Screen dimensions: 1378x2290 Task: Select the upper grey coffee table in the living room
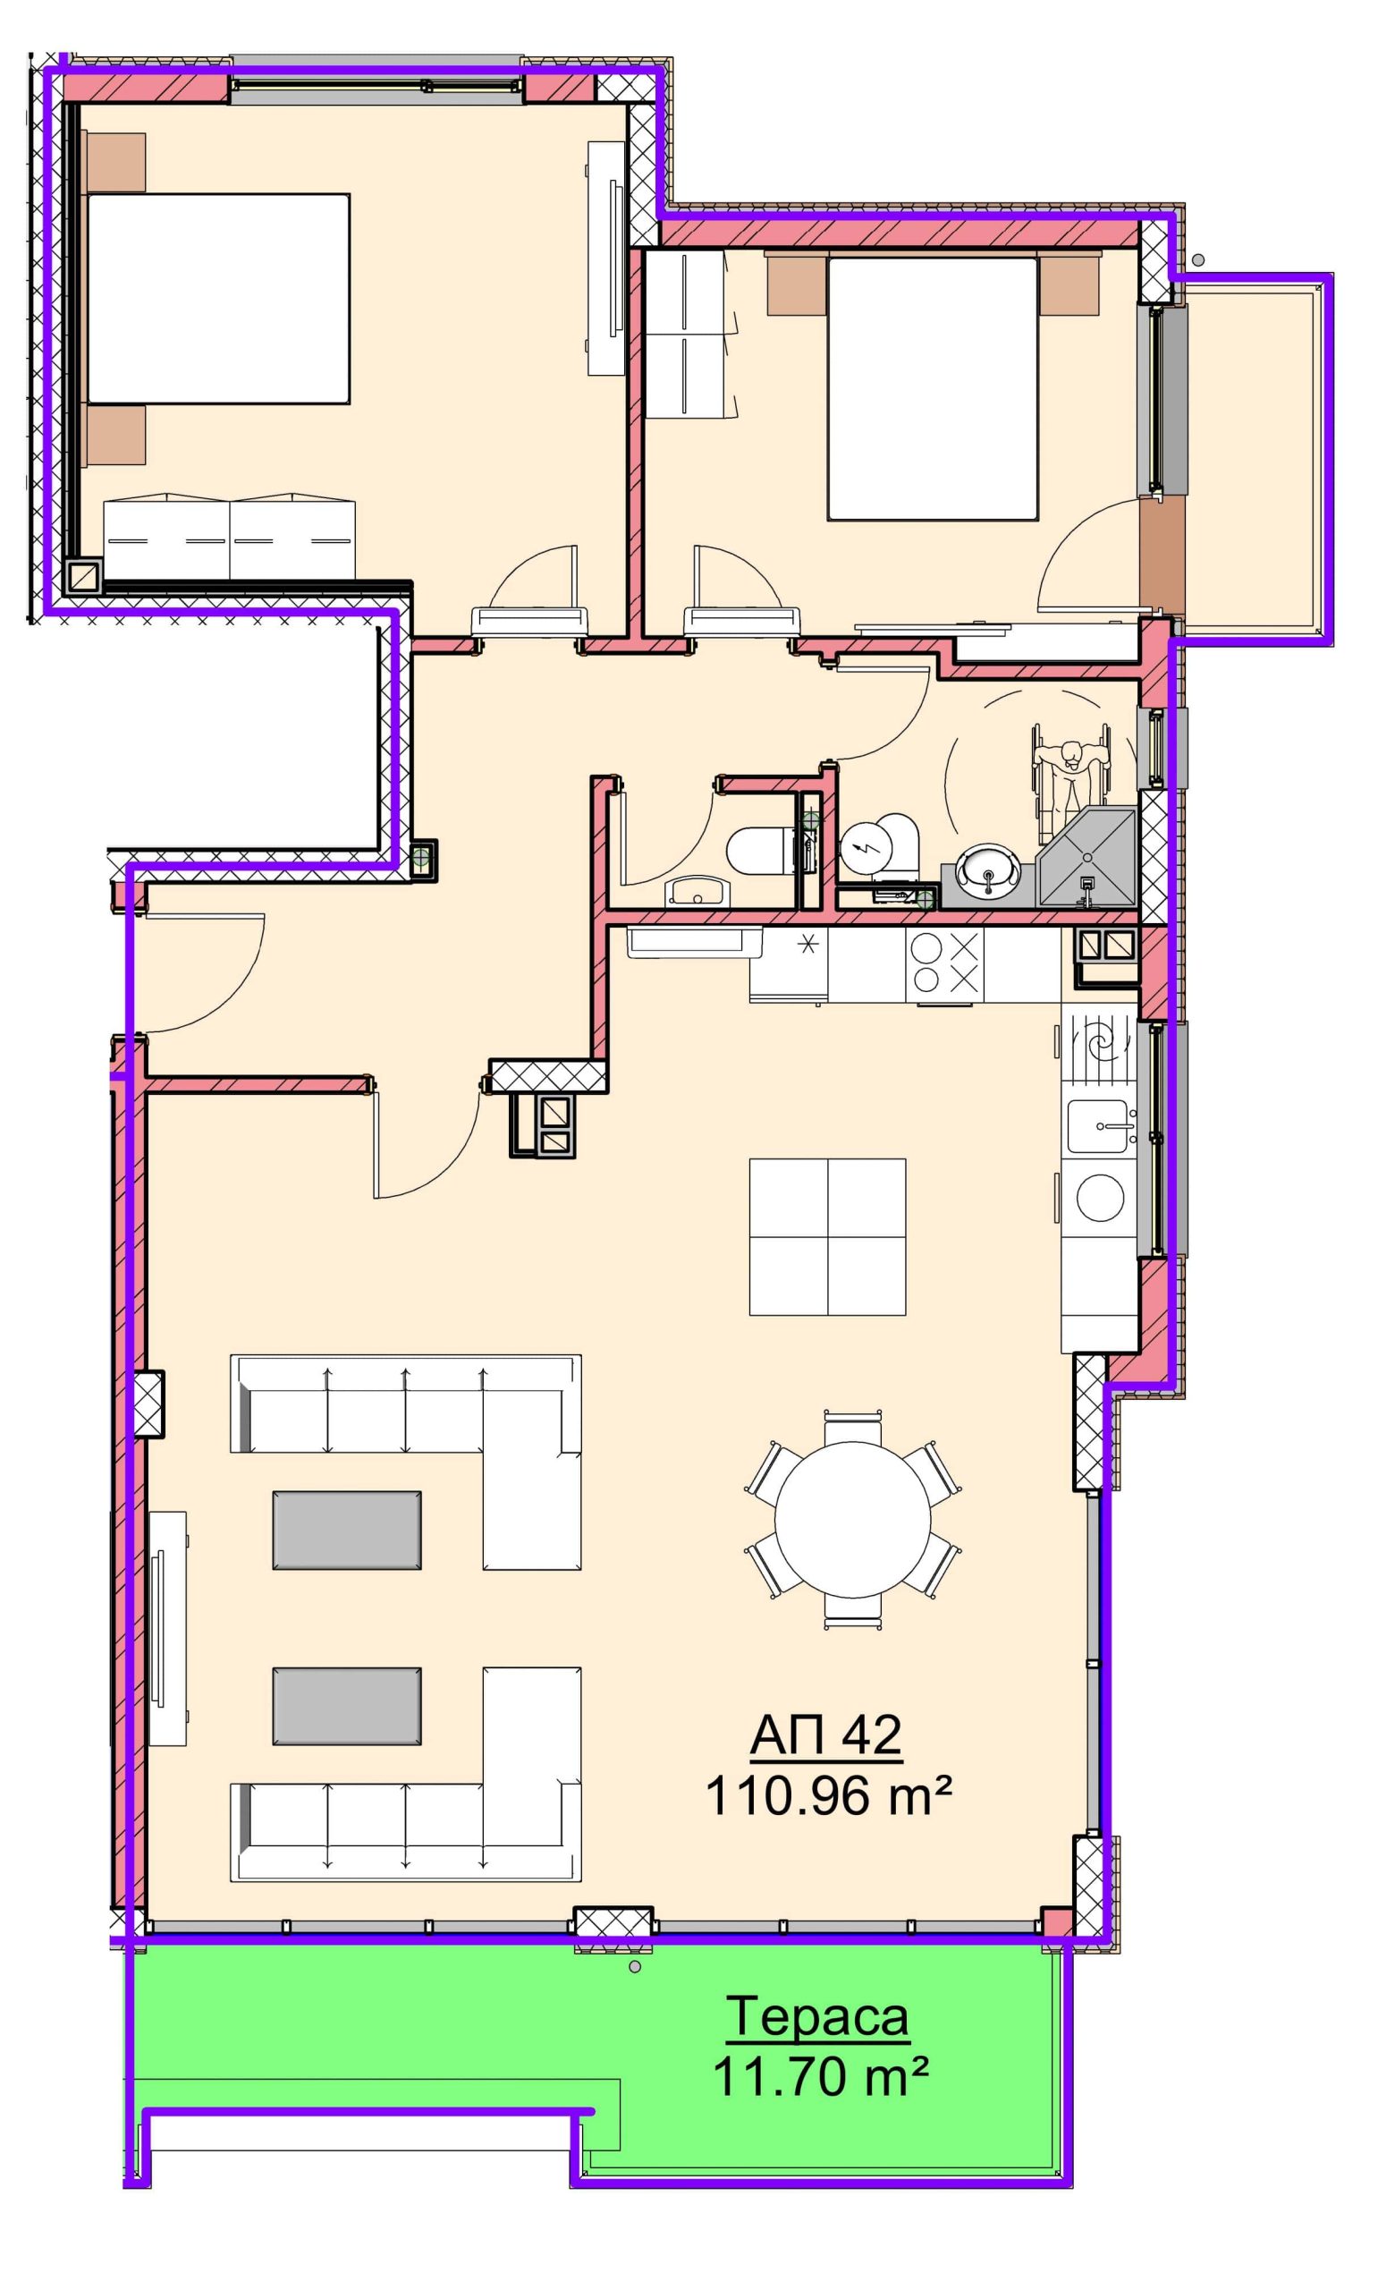(x=346, y=1531)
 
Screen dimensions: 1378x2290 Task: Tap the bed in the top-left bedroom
(x=218, y=298)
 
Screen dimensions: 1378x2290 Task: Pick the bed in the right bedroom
(x=933, y=388)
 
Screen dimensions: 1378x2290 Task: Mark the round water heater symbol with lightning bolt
(x=867, y=847)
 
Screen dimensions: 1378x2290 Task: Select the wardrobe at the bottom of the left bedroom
(x=229, y=539)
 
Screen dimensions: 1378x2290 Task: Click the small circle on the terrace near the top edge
(x=635, y=1967)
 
